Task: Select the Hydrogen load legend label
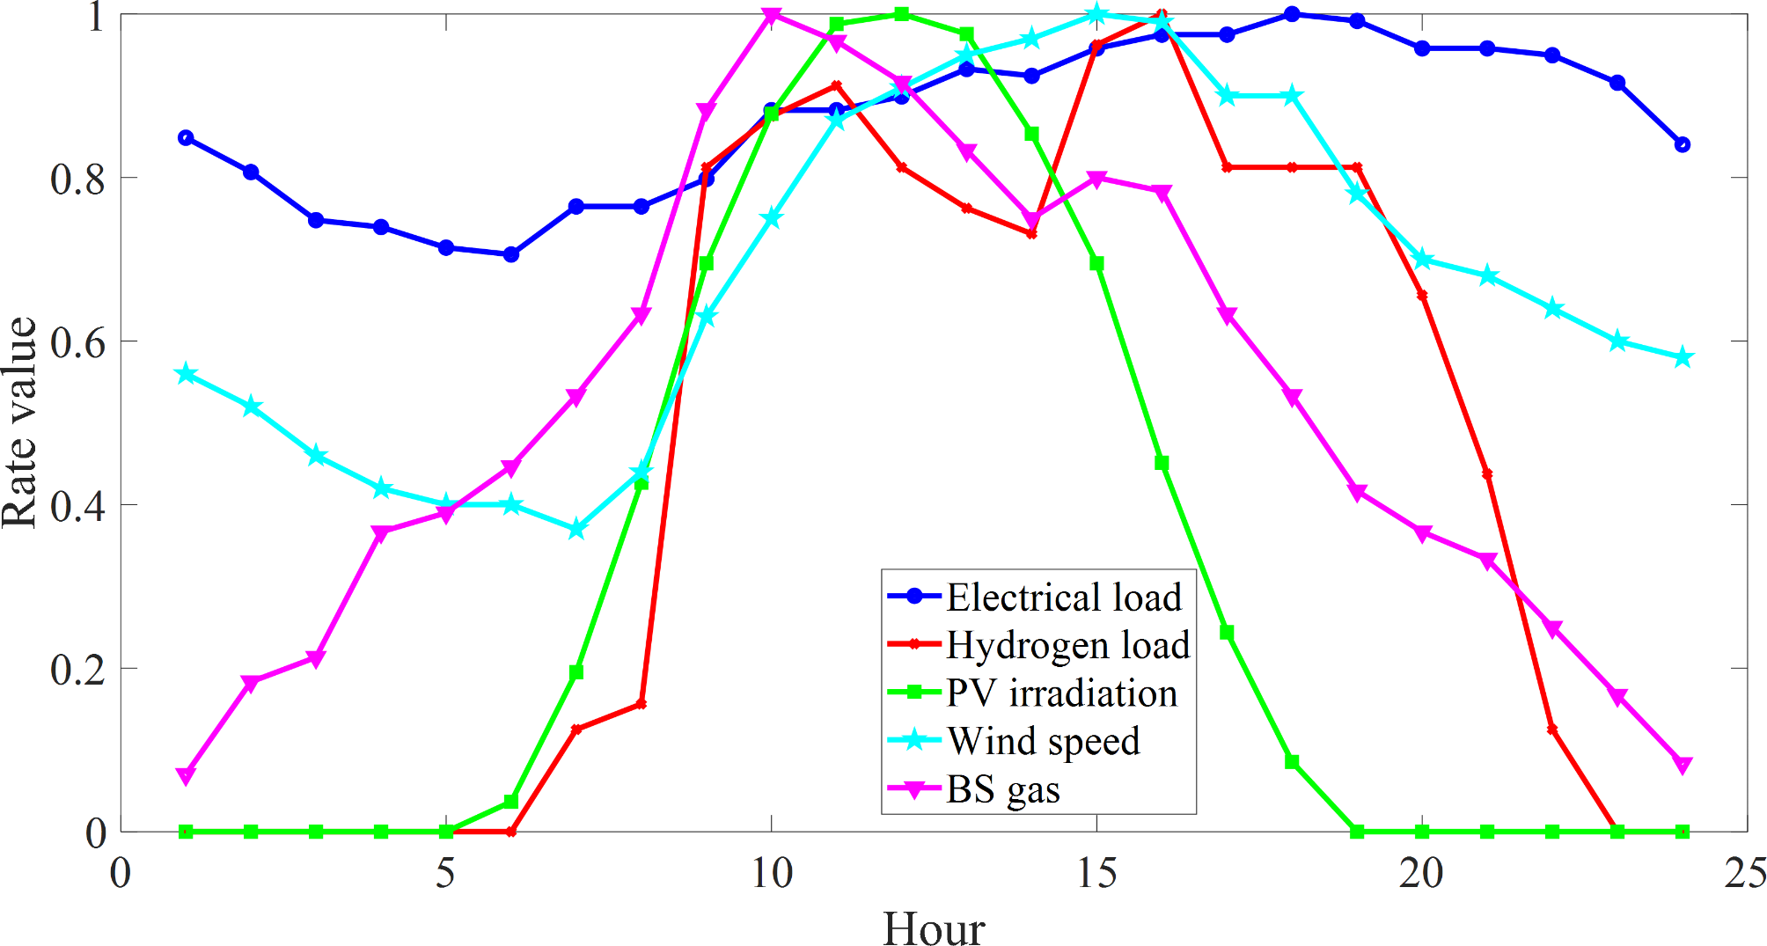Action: coord(1067,645)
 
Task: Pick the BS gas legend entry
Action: coord(1002,789)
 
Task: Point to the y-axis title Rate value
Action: coord(19,422)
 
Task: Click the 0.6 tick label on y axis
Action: coord(77,342)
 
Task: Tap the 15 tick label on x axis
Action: coord(1096,874)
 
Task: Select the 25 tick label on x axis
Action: coord(1746,874)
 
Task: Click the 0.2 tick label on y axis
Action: coord(77,670)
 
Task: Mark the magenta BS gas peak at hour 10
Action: coord(772,15)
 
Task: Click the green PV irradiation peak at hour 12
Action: coord(901,14)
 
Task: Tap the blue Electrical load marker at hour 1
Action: coord(186,137)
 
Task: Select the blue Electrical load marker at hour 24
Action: coord(1682,144)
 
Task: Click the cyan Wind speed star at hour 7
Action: coord(576,529)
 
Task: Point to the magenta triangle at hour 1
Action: coord(186,774)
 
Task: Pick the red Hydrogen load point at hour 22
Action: coord(1551,730)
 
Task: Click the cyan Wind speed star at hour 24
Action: coord(1682,357)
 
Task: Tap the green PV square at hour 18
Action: coord(1292,761)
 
